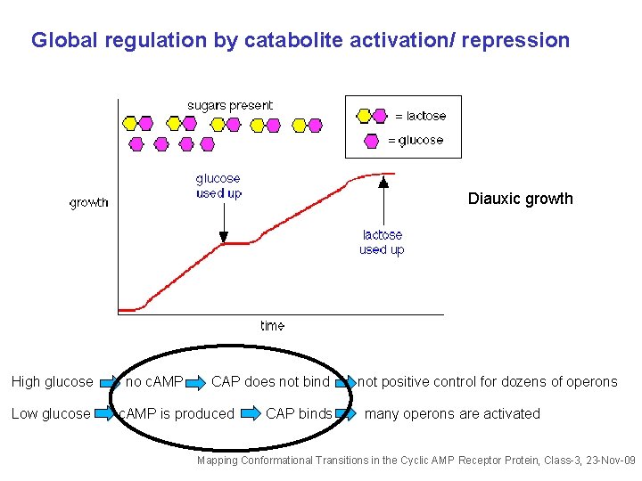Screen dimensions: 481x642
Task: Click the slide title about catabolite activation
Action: coord(300,41)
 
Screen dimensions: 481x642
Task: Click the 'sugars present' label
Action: coord(230,105)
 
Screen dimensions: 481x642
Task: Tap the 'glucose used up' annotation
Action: coord(218,186)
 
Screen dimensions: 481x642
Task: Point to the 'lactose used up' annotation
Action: coord(382,242)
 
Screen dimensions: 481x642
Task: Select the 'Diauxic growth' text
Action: coord(520,199)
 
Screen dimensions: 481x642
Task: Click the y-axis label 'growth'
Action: coord(89,203)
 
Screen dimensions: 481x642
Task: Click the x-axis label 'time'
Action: coord(273,326)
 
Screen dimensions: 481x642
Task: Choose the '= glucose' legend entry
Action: coord(415,140)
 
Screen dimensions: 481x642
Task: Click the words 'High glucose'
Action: coord(52,382)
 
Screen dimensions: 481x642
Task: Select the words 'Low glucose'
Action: coord(51,413)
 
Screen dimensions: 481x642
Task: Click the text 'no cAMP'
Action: coord(154,382)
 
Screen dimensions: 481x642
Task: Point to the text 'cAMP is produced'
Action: coord(177,413)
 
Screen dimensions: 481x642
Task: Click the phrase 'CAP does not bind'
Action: coord(270,382)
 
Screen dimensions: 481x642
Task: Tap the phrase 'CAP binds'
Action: coord(299,413)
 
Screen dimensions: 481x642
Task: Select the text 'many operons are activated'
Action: coord(452,413)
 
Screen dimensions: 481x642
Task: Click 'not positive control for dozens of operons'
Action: coord(487,382)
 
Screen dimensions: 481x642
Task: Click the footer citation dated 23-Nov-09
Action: coord(416,461)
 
